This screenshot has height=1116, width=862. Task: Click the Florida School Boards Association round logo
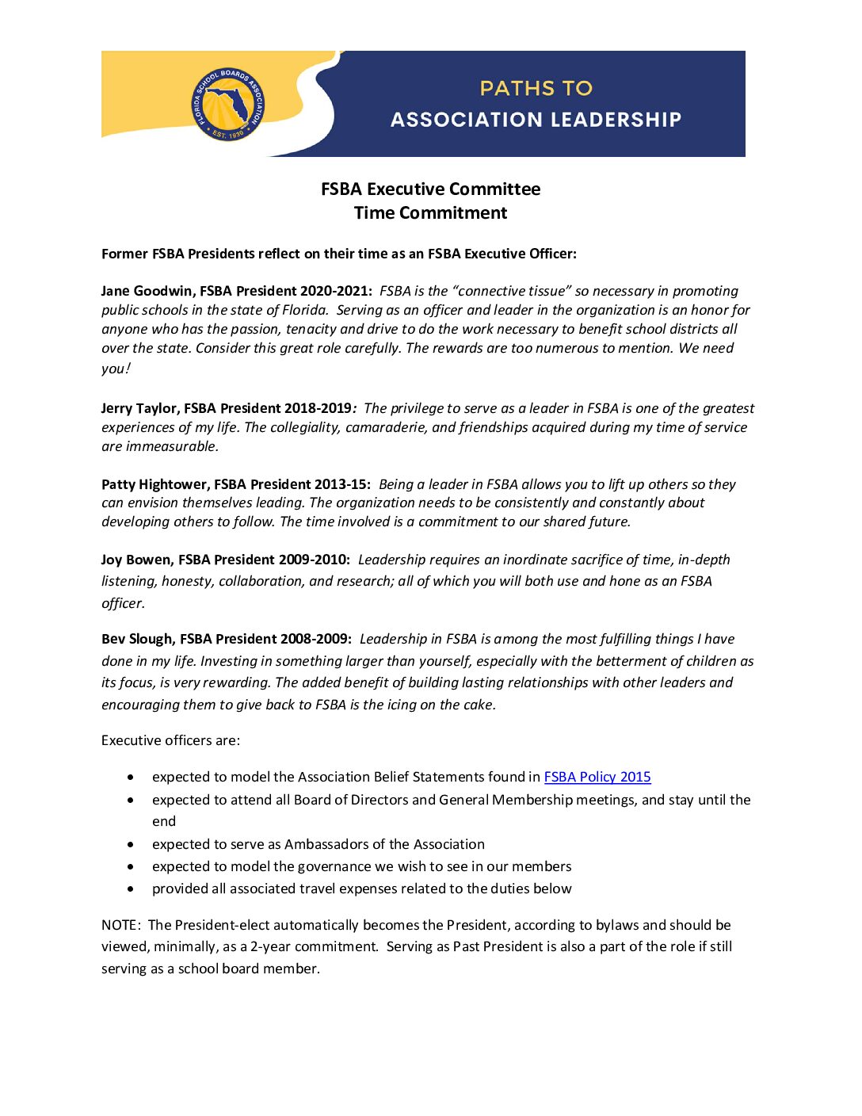pos(228,105)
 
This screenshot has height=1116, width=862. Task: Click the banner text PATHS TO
pos(536,88)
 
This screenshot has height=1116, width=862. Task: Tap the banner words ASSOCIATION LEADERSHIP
pos(536,120)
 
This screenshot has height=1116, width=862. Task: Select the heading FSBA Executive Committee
pos(430,189)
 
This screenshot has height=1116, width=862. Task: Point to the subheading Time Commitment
pos(430,212)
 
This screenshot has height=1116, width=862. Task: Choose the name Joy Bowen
pos(135,560)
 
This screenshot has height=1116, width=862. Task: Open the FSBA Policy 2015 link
pos(597,777)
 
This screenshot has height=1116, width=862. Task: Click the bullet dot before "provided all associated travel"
pos(131,889)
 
